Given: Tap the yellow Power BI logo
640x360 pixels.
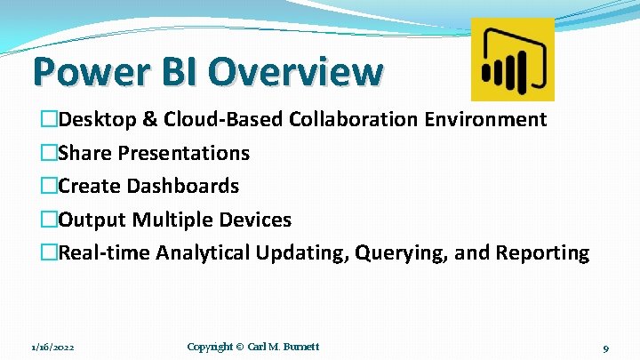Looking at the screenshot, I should tap(512, 59).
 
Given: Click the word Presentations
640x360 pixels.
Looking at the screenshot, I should tap(184, 153).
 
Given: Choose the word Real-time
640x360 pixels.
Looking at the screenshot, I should tap(104, 253).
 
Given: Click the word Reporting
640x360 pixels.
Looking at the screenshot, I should tap(542, 253).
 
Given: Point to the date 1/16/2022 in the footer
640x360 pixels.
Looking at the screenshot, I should tap(52, 347).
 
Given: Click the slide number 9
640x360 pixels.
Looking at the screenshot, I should tap(604, 348).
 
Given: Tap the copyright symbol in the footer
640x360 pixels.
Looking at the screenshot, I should tap(239, 347).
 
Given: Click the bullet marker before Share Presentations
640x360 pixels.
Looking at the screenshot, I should tap(49, 153).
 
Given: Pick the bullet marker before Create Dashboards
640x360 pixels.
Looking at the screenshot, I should tap(49, 186).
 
